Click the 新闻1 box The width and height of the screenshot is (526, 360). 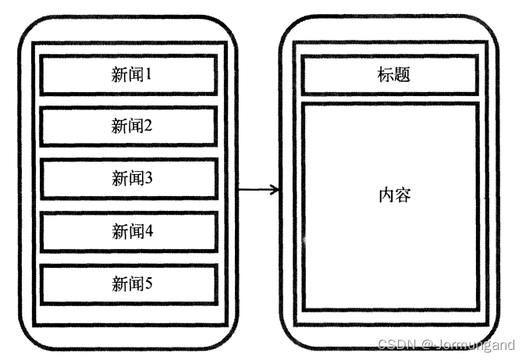(x=129, y=75)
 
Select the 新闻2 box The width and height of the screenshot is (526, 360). (x=129, y=127)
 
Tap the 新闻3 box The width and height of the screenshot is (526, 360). (x=129, y=179)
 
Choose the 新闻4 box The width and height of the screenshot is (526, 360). (x=129, y=231)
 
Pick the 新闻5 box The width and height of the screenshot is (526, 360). (x=129, y=283)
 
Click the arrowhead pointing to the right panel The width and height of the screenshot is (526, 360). (x=273, y=189)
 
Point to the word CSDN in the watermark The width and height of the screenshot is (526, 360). (x=395, y=344)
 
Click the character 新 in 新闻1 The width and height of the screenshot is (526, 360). (x=119, y=75)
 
